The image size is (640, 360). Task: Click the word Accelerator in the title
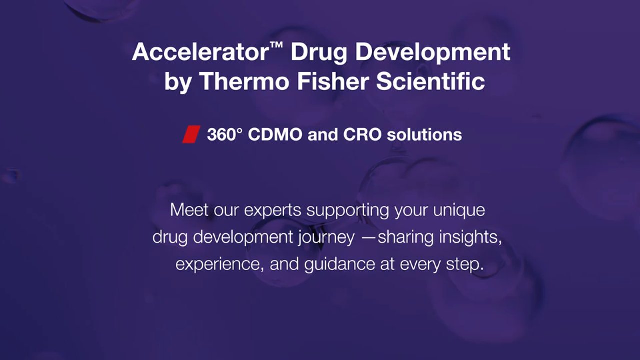click(200, 52)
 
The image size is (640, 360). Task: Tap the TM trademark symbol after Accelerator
click(276, 45)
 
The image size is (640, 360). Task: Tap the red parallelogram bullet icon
click(191, 134)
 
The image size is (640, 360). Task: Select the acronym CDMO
click(275, 134)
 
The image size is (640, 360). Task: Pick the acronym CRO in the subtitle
click(362, 134)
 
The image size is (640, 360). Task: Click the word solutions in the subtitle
click(424, 134)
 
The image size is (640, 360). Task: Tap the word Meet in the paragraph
click(189, 210)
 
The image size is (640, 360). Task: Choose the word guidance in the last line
click(339, 265)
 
